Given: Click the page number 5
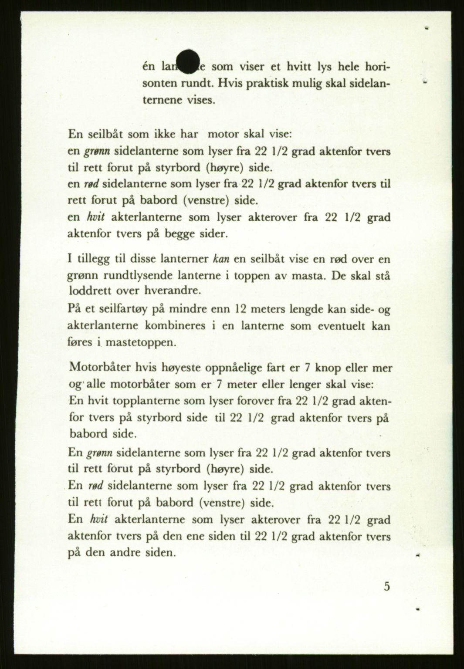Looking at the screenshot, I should tap(387, 586).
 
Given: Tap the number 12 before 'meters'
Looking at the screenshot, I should tap(241, 309).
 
